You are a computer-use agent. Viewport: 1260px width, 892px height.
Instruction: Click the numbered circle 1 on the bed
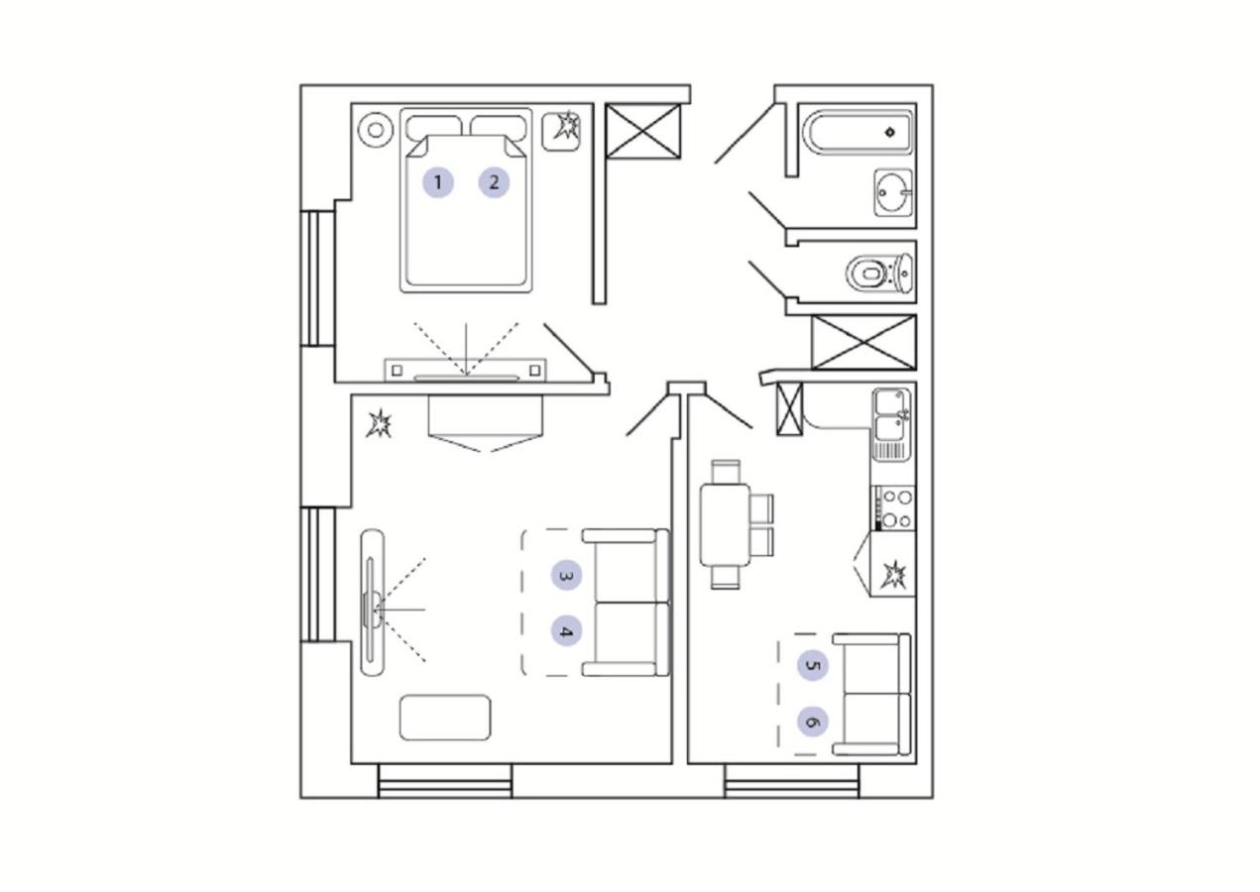click(x=438, y=182)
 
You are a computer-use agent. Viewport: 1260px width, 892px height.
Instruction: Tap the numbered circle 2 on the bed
click(x=494, y=182)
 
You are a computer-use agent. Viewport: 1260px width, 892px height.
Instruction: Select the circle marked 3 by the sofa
click(x=566, y=576)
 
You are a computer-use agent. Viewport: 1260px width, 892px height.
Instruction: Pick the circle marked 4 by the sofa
click(x=566, y=631)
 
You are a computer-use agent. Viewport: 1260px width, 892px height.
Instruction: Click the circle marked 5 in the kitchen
click(x=812, y=666)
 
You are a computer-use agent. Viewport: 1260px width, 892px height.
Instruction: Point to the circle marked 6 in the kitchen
click(x=812, y=722)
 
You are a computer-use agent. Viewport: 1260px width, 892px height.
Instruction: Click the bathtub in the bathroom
click(x=859, y=133)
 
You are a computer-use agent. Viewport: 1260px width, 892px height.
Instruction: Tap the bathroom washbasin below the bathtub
click(x=893, y=192)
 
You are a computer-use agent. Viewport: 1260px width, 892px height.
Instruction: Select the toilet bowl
click(x=879, y=274)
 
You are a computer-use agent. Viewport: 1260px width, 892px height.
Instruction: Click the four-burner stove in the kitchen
click(x=894, y=509)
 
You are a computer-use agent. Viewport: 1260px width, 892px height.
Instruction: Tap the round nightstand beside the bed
click(x=375, y=130)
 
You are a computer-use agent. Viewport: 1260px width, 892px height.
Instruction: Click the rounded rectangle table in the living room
click(x=445, y=718)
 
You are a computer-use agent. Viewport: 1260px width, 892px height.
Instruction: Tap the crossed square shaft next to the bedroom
click(x=643, y=131)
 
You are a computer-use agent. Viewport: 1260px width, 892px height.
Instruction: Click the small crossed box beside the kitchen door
click(x=790, y=409)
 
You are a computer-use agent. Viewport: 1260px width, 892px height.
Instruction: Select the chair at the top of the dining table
click(x=726, y=472)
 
